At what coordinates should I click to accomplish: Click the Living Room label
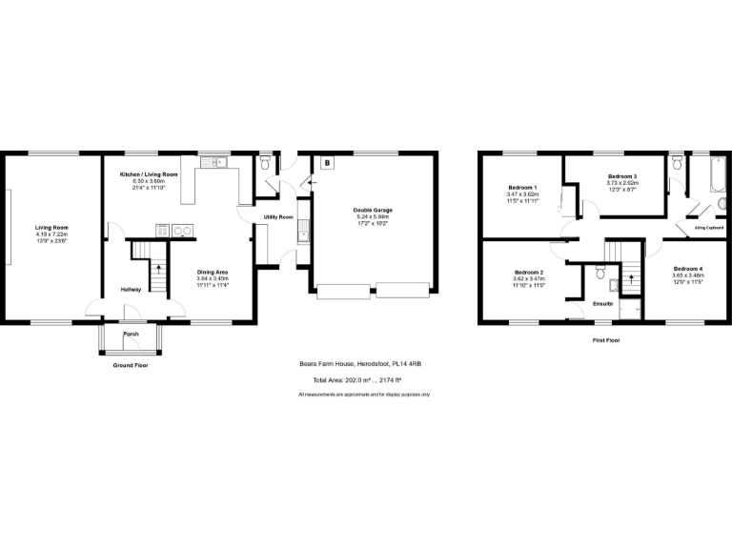pos(51,227)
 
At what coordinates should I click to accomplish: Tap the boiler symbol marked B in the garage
pos(327,163)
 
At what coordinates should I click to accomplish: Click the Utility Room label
pos(278,217)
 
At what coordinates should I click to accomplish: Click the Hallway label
pos(132,289)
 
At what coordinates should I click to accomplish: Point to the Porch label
pos(131,335)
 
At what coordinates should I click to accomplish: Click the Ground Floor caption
pos(130,365)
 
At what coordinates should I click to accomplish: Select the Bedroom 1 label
pos(522,188)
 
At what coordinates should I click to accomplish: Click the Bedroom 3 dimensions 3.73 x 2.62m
pos(621,183)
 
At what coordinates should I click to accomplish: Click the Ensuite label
pos(602,304)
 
